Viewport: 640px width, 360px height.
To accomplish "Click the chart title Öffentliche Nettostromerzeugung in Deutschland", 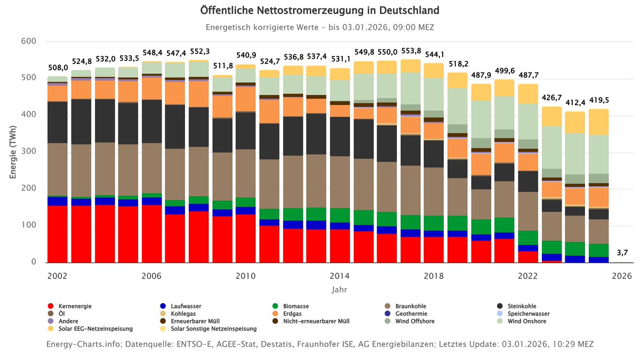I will (320, 11).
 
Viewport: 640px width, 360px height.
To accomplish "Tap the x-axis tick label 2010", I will (245, 276).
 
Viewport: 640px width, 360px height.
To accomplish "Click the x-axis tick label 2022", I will (528, 276).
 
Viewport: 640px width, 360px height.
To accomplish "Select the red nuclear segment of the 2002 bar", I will (58, 234).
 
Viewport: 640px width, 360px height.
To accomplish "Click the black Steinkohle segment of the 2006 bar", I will (151, 121).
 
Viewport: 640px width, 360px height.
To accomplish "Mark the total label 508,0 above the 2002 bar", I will (58, 68).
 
